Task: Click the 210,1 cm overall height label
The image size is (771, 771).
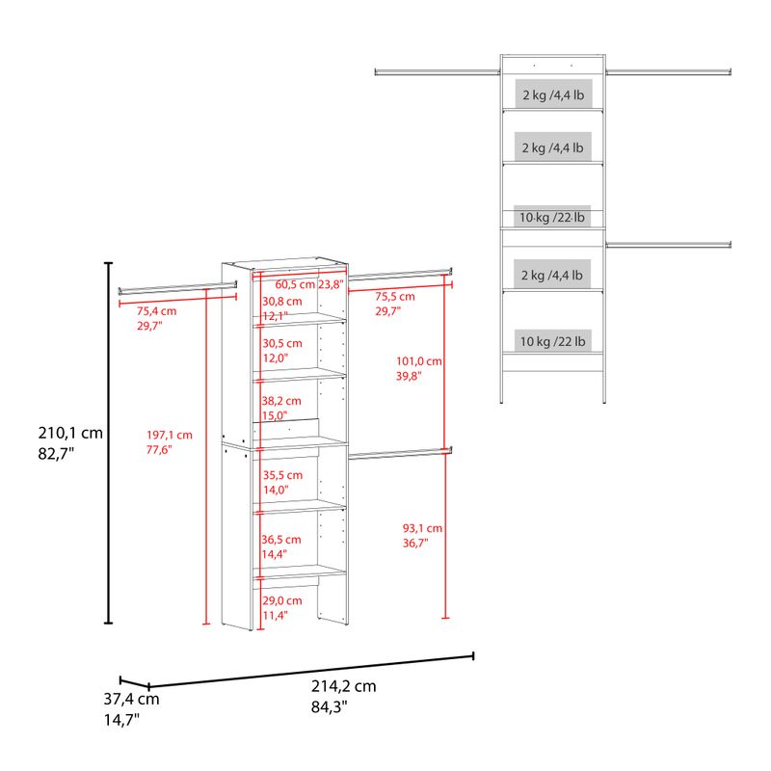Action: tap(70, 433)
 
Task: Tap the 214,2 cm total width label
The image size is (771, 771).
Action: tap(344, 686)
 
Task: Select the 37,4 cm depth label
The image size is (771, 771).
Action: tap(131, 699)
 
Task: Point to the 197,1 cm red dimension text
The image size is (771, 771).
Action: tap(170, 436)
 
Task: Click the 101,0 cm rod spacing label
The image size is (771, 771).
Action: tap(419, 361)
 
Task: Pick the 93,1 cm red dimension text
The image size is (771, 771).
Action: tap(422, 528)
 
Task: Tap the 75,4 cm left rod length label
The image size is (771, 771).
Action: tap(156, 311)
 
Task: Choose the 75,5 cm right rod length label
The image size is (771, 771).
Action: tap(395, 297)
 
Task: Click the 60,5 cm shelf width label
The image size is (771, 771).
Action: tap(295, 284)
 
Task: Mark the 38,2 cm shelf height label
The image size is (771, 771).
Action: tap(281, 401)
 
